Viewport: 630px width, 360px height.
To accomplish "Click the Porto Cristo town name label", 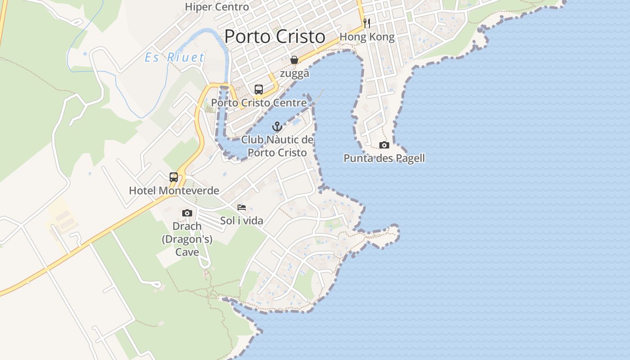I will (274, 36).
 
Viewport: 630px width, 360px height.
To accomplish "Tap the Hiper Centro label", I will (217, 7).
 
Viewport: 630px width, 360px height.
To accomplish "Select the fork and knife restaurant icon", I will (367, 23).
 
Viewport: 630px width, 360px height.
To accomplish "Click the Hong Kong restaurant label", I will (367, 37).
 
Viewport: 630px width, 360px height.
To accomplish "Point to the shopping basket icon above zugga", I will (294, 60).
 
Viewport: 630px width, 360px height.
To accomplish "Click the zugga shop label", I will (294, 74).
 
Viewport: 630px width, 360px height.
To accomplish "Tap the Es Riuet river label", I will (175, 58).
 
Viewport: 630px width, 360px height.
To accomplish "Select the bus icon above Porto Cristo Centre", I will (259, 89).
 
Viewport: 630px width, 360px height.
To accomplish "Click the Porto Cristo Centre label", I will (259, 103).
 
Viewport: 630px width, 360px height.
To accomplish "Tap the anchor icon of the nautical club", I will (277, 126).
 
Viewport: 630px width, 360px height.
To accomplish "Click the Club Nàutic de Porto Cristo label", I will (277, 146).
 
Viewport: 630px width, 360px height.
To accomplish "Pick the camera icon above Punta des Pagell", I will (384, 145).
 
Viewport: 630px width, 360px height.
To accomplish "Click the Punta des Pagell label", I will (384, 158).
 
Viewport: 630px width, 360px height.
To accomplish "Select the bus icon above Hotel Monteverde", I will (174, 177).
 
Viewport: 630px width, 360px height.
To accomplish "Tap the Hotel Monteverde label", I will (174, 191).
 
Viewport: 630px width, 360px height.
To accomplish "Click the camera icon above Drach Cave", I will (187, 213).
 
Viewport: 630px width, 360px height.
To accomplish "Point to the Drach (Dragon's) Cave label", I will (187, 239).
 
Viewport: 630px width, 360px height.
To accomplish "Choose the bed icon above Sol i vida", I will (242, 207).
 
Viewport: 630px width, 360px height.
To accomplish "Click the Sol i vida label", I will (242, 221).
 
